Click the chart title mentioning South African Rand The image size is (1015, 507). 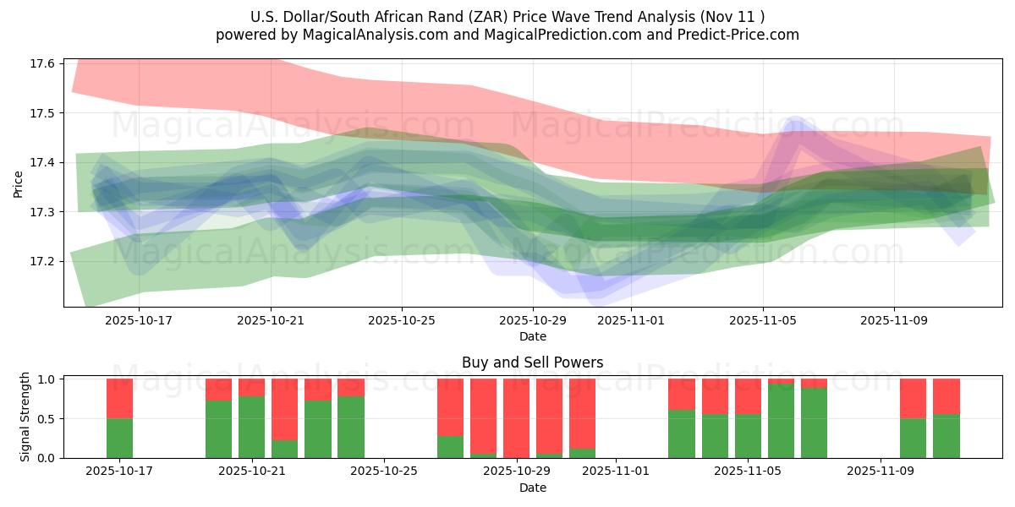coord(507,17)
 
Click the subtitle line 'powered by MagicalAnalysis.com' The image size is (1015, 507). coord(507,35)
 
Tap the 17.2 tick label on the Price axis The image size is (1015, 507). coord(42,261)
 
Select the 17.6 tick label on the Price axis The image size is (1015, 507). coord(42,64)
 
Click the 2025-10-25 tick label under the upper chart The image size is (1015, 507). coord(402,321)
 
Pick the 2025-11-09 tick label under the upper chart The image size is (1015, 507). coord(894,321)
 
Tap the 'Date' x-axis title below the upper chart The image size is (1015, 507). coord(533,336)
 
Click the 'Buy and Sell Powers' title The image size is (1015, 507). coord(533,363)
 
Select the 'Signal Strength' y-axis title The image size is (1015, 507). coord(25,417)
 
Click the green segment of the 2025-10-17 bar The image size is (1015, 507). coord(120,438)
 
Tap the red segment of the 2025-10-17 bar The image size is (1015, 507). coord(120,398)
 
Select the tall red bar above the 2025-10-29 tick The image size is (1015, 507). coord(516,417)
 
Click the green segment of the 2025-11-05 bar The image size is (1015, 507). coord(748,436)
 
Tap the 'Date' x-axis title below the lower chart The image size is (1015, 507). coord(533,488)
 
